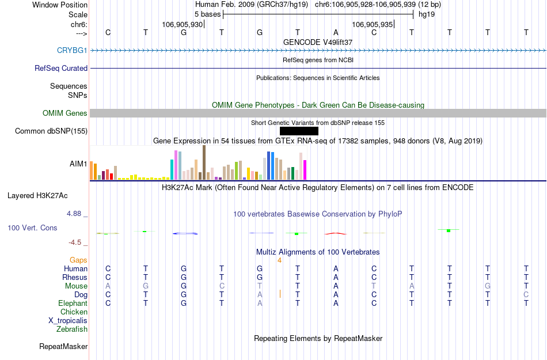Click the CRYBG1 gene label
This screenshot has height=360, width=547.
[72, 51]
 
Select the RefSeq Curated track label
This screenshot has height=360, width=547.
[61, 69]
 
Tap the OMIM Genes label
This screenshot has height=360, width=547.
[64, 113]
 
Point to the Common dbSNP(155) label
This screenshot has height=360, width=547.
[51, 131]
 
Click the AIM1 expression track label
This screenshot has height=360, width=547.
[78, 164]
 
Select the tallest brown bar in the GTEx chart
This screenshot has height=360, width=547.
[204, 162]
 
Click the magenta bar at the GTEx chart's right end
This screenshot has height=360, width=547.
[305, 169]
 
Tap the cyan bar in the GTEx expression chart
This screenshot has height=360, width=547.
[172, 169]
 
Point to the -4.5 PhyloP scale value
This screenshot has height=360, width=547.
[75, 242]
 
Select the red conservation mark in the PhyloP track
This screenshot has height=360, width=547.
[336, 233]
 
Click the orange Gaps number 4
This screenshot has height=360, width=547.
[279, 260]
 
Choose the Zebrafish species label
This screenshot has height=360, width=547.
[72, 329]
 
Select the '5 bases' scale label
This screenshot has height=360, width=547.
[207, 14]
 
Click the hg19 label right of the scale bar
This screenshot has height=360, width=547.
[427, 14]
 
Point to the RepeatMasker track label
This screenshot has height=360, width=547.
[63, 347]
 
